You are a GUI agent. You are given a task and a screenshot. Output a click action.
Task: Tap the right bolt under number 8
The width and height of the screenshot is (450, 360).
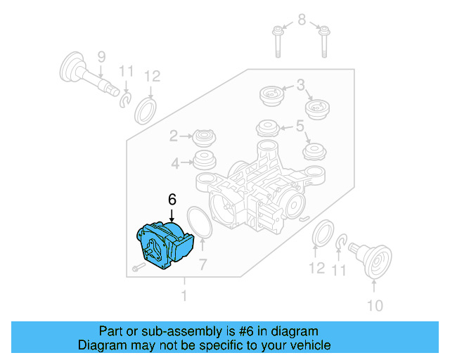pyautogui.click(x=325, y=41)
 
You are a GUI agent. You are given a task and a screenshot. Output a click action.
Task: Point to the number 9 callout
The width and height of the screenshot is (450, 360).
pyautogui.click(x=101, y=56)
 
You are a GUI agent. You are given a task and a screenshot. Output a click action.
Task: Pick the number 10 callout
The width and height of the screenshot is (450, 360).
pyautogui.click(x=375, y=305)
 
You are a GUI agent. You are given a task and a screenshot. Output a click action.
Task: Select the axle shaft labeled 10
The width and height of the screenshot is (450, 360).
pyautogui.click(x=373, y=258)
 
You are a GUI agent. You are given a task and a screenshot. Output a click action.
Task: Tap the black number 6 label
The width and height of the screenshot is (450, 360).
pyautogui.click(x=171, y=200)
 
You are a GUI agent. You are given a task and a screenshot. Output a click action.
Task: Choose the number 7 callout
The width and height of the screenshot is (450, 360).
pyautogui.click(x=202, y=264)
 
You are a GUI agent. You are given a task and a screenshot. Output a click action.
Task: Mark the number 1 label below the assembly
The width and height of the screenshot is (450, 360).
pyautogui.click(x=184, y=296)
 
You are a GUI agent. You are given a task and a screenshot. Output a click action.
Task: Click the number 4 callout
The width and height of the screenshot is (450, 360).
pyautogui.click(x=175, y=163)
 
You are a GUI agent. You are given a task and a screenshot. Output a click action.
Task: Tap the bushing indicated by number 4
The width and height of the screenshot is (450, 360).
pyautogui.click(x=205, y=161)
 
